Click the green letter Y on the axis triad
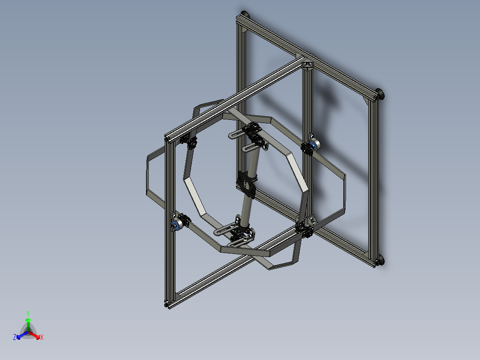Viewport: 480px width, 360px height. (28, 313)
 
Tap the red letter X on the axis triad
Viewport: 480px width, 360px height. (42, 337)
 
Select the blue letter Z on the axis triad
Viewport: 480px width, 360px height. (15, 337)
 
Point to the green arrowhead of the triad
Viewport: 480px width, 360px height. (28, 320)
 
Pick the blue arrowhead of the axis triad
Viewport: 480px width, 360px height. (19, 337)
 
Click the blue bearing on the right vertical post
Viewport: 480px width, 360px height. (313, 144)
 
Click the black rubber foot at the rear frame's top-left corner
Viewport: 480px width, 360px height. (245, 14)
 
